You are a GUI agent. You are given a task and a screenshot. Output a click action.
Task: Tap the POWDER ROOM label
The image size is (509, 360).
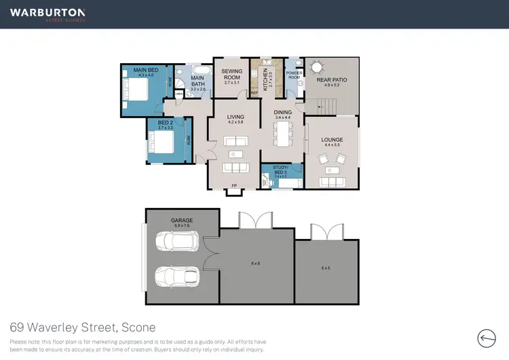click(x=294, y=75)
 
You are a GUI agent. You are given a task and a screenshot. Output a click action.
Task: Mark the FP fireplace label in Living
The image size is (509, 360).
click(x=234, y=185)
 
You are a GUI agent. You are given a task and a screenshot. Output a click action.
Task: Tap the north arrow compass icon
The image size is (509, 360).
click(x=487, y=338)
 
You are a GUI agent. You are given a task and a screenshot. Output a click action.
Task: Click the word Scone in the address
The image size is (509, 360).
click(x=138, y=327)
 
